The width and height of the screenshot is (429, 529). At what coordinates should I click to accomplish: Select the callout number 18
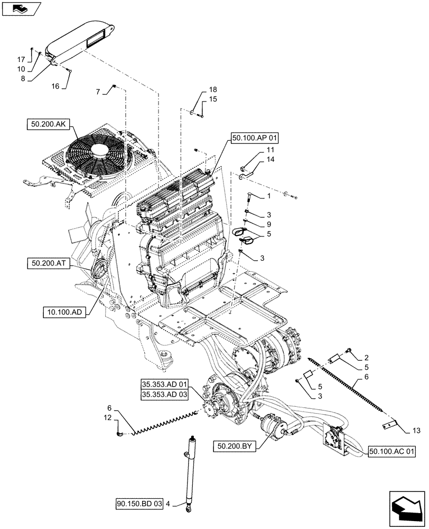click(212, 90)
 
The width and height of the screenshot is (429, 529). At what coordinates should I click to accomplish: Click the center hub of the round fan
click(100, 151)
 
